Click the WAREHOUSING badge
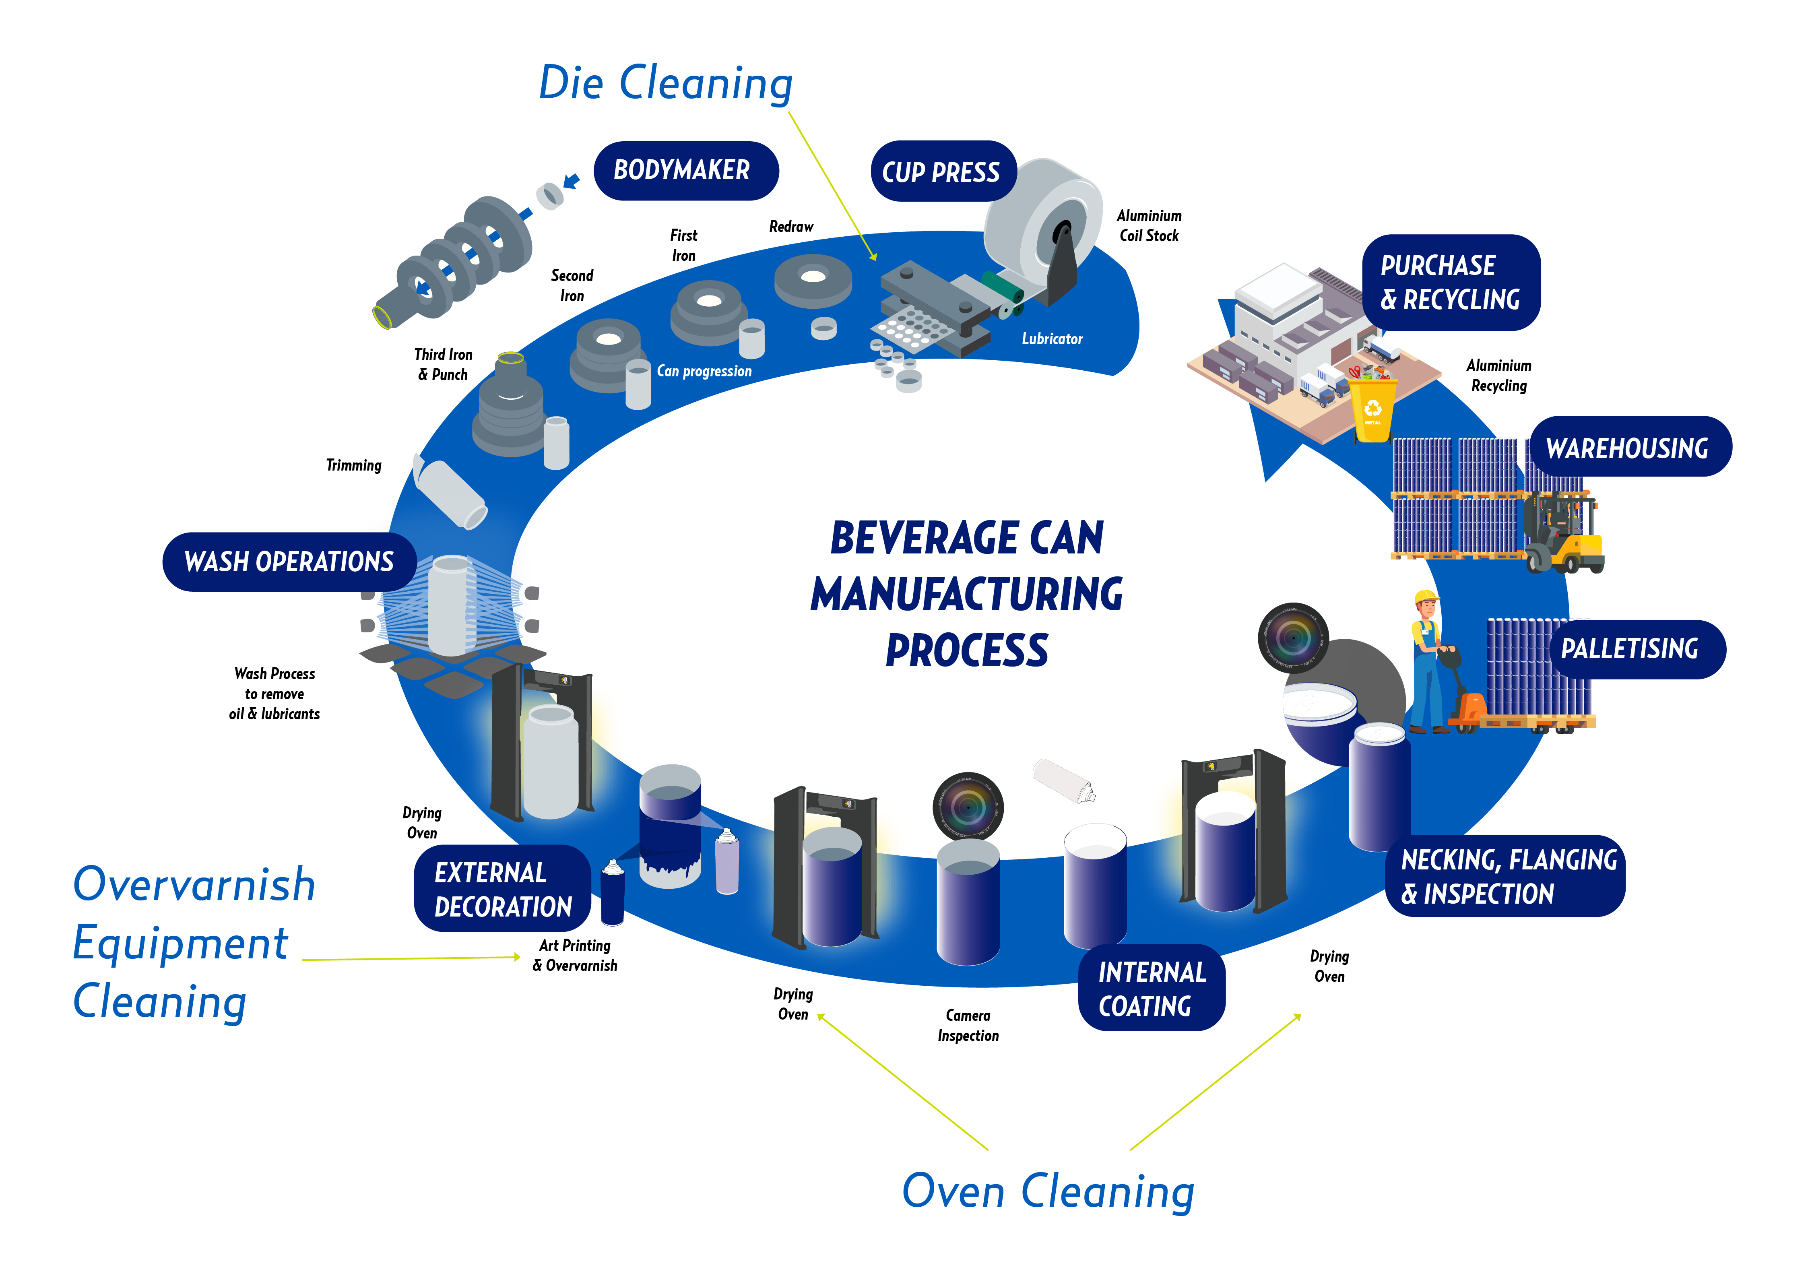pyautogui.click(x=1629, y=448)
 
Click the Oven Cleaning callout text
pyautogui.click(x=1048, y=1191)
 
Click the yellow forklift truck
pyautogui.click(x=1566, y=537)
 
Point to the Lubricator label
pyautogui.click(x=1052, y=339)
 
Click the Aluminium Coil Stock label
pyautogui.click(x=1149, y=226)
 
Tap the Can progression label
pyautogui.click(x=704, y=371)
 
